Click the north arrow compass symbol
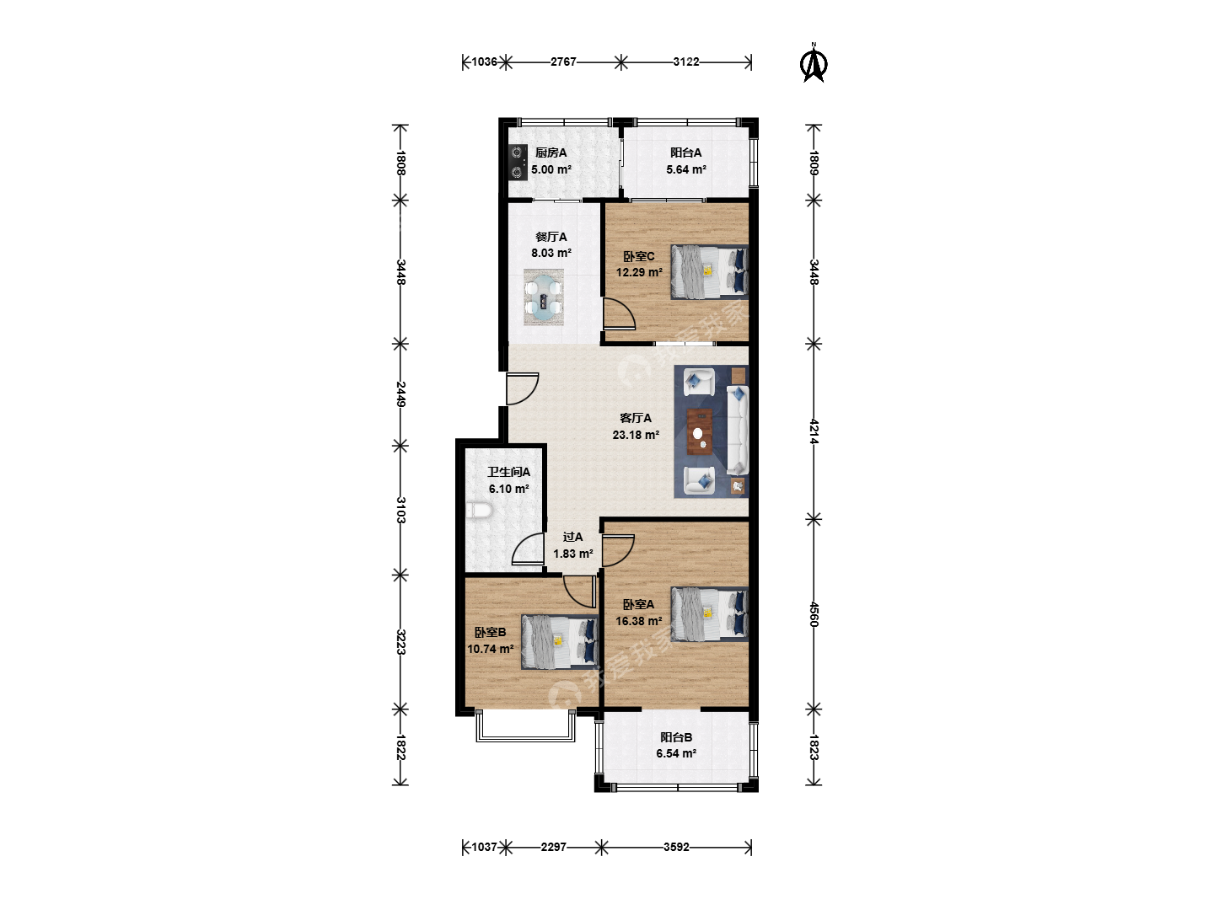coord(814,63)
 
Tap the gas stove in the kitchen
coord(517,163)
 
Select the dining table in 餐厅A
coord(543,297)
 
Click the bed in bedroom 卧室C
coord(710,272)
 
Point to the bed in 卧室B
coord(560,642)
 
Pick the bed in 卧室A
coord(710,614)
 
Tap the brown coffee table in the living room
coord(700,431)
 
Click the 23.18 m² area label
coord(636,435)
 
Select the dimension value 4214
coord(814,431)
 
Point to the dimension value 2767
coord(563,62)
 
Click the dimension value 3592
coord(676,847)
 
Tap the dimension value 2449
coord(401,394)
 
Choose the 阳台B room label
coord(676,737)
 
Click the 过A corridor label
coord(572,537)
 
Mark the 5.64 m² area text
coord(685,169)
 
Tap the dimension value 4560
coord(814,614)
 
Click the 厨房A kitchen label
coord(551,153)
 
